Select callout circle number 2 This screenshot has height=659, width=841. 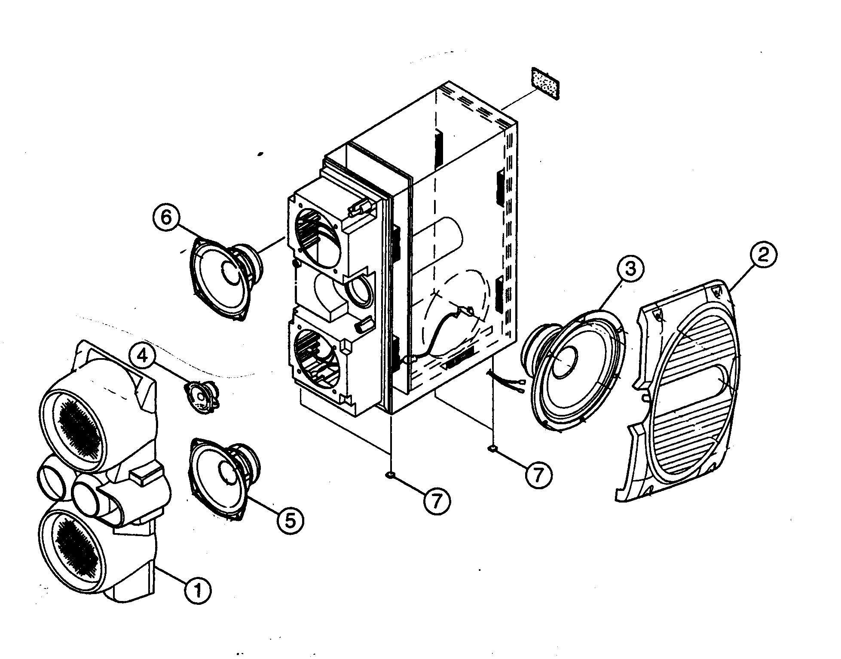[x=763, y=256]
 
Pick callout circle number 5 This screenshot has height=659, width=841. [x=291, y=521]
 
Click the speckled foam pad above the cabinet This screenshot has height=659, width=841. [x=545, y=83]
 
